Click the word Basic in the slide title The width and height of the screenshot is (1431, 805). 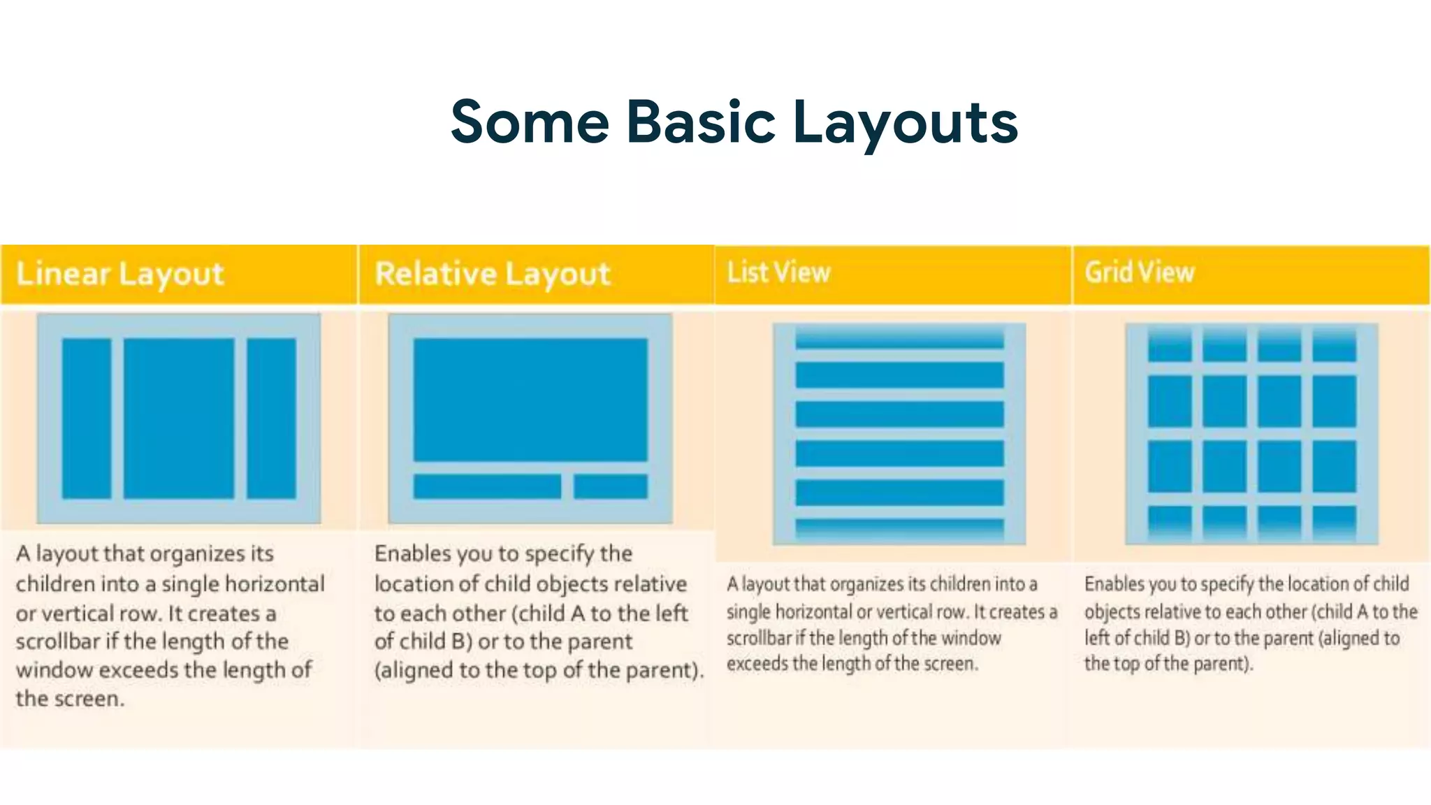pos(701,122)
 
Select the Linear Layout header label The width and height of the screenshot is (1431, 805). pos(120,274)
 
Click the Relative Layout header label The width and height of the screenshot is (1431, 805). pos(493,274)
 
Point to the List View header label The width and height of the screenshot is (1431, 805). pos(778,273)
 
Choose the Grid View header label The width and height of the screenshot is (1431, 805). pos(1140,273)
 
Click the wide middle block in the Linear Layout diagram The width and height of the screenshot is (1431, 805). pos(179,418)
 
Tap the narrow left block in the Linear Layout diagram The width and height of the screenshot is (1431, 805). pos(87,418)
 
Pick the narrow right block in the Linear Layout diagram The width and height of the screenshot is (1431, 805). pos(271,418)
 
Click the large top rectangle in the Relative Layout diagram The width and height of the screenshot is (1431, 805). pos(530,400)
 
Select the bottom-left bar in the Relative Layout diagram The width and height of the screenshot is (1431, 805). pos(487,486)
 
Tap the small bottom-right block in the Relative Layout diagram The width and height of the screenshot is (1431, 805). pos(611,486)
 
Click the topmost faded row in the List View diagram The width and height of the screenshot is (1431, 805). pos(899,340)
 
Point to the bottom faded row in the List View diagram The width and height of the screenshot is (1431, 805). pos(899,528)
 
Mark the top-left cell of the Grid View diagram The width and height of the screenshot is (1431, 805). pos(1170,346)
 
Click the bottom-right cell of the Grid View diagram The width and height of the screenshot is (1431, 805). pos(1334,522)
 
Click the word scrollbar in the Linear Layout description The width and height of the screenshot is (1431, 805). pos(58,641)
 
